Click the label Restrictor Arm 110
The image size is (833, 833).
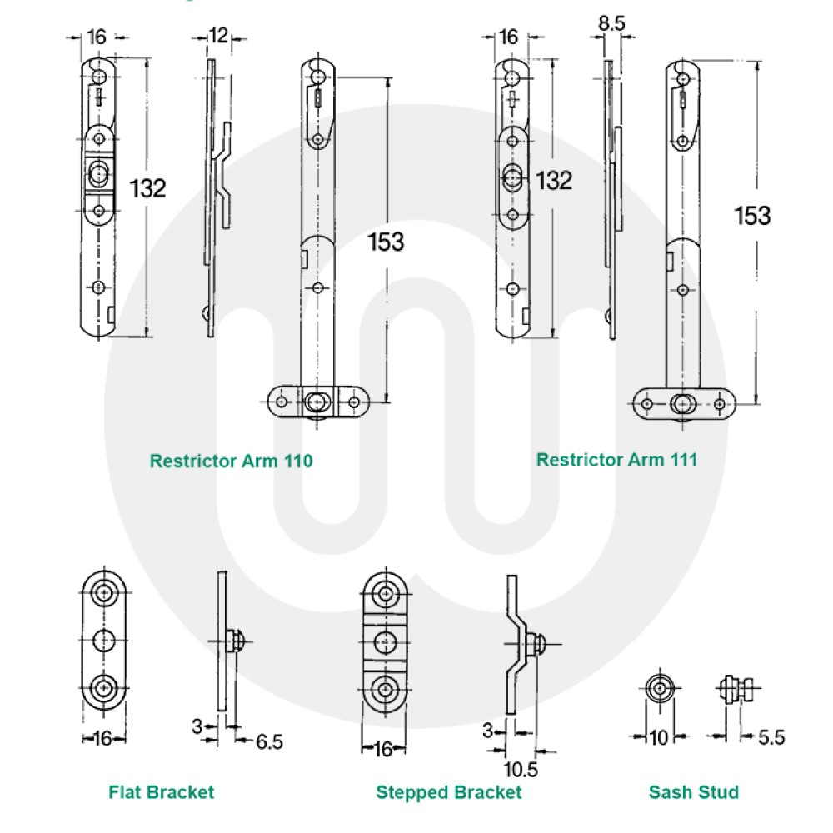pyautogui.click(x=231, y=461)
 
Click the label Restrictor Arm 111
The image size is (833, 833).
pyautogui.click(x=616, y=460)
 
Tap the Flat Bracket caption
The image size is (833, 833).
pyautogui.click(x=161, y=791)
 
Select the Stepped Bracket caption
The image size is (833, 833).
pyautogui.click(x=448, y=791)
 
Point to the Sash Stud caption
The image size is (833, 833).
pyautogui.click(x=694, y=791)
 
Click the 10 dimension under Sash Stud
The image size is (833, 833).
pyautogui.click(x=658, y=736)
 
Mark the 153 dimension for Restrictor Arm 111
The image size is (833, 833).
pyautogui.click(x=752, y=216)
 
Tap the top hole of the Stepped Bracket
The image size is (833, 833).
pyautogui.click(x=385, y=594)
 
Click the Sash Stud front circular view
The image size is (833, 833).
pyautogui.click(x=658, y=689)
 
